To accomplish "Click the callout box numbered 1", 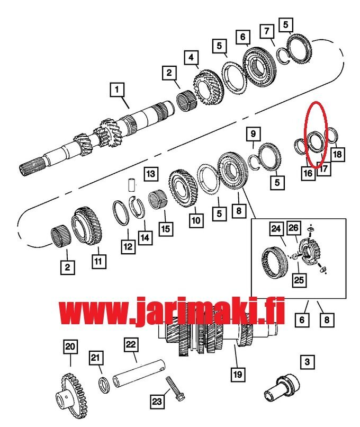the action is tap(117, 90).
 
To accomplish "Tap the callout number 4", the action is tap(191, 57).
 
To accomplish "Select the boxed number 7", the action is tap(267, 32).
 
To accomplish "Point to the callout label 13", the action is tap(151, 174).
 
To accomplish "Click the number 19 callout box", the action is tap(238, 375).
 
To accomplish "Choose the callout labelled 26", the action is tap(293, 228).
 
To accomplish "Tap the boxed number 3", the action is tap(307, 362).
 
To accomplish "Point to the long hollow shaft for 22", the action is tap(139, 372).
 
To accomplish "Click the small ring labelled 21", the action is tap(104, 385).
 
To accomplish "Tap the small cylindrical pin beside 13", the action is tap(132, 185).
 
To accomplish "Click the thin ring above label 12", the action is tap(121, 212).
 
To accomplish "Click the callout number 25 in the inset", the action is tap(299, 280).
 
